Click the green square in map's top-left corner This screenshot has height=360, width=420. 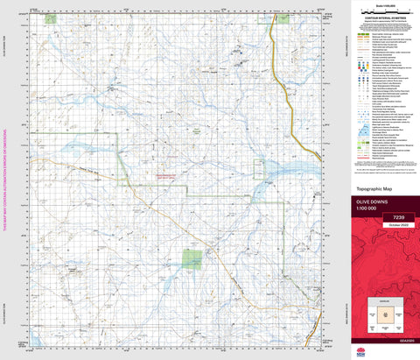click(50, 18)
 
